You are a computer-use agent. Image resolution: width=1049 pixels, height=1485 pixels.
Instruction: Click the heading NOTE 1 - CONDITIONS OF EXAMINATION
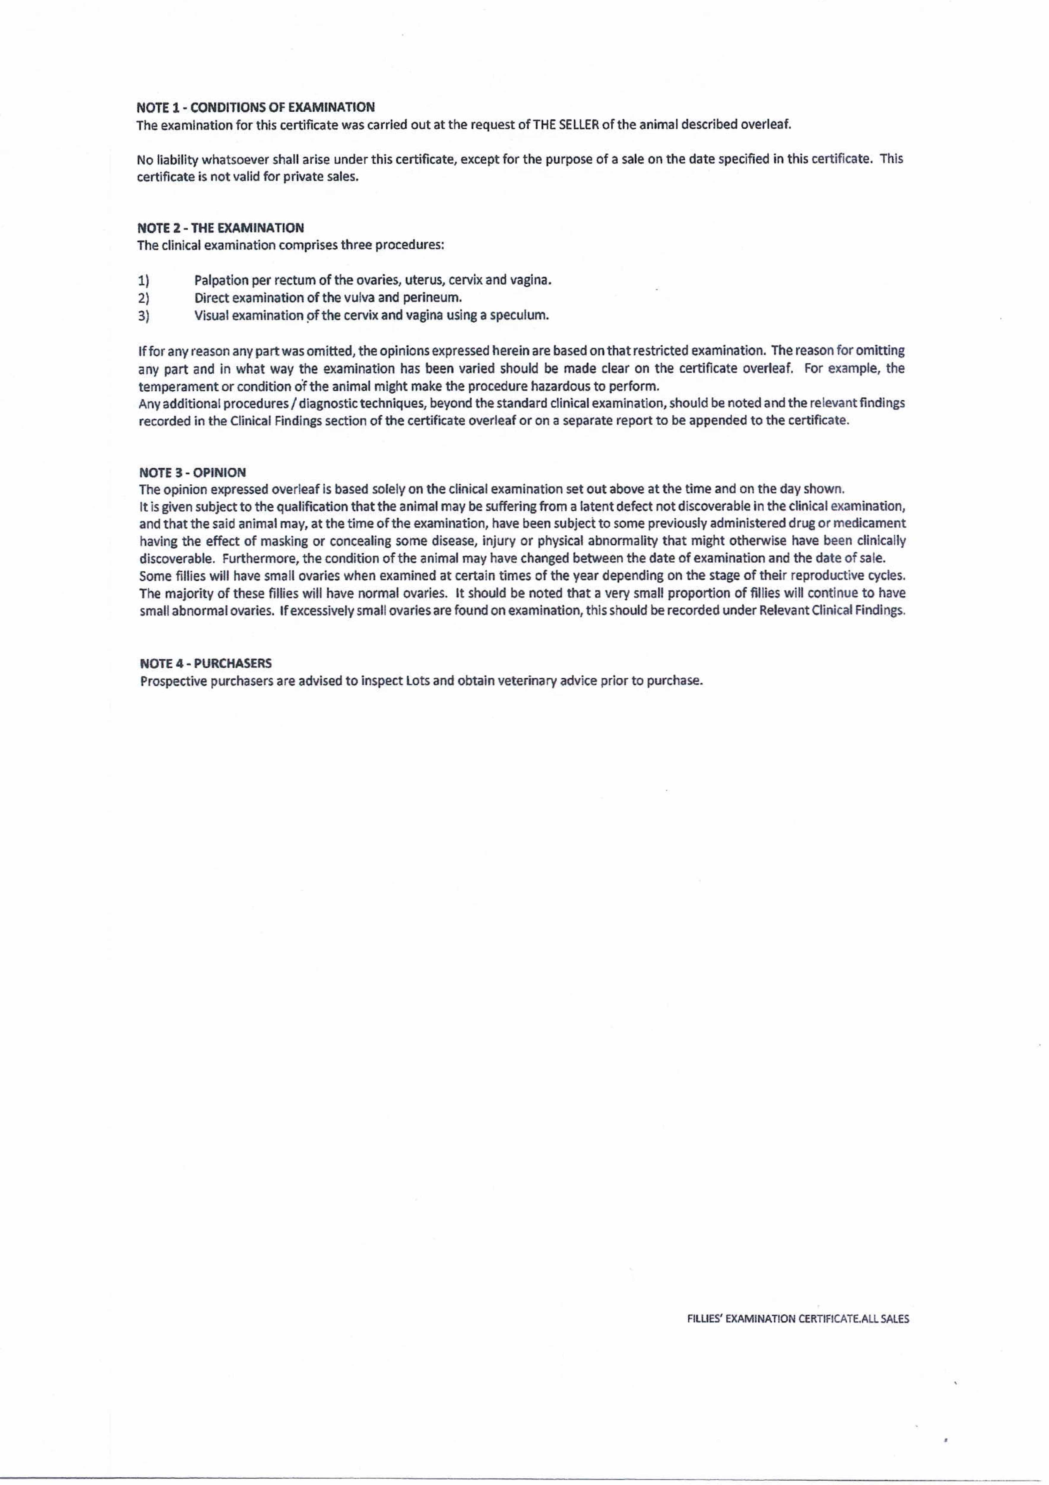[255, 107]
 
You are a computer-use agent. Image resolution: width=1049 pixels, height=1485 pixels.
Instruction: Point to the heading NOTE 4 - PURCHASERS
[206, 663]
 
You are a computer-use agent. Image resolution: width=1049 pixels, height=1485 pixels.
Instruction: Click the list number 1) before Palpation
[143, 281]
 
